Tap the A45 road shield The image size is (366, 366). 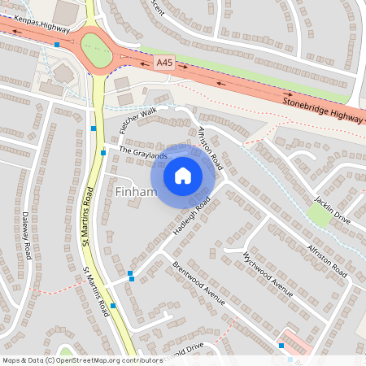(x=165, y=62)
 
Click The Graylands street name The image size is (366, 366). (x=143, y=151)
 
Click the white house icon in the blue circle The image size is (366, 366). (x=183, y=175)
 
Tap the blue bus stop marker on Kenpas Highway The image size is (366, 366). (x=57, y=45)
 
